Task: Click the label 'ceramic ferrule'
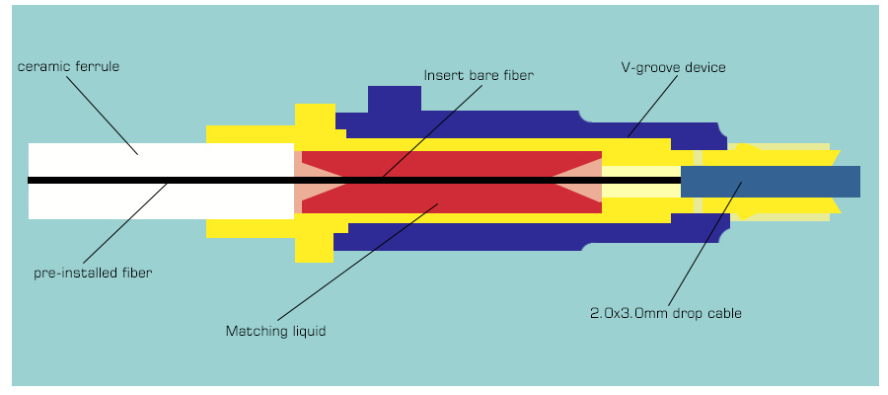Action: [68, 66]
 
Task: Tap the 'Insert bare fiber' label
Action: [478, 74]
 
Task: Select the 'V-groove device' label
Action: [673, 67]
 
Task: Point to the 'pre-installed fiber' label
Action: [93, 273]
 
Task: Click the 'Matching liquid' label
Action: [275, 332]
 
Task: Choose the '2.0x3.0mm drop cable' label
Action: [665, 313]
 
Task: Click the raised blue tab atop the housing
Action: [395, 99]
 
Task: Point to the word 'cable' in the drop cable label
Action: [721, 313]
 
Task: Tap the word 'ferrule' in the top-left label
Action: [98, 66]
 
